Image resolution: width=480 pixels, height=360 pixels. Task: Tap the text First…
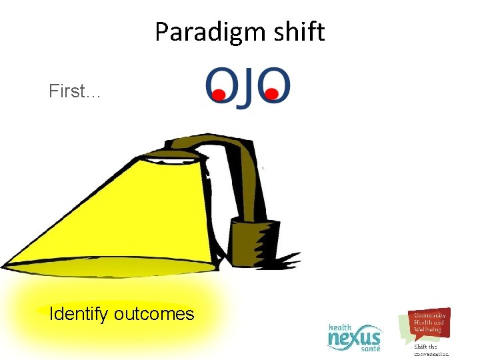click(75, 91)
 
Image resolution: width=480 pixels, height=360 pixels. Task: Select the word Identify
click(79, 313)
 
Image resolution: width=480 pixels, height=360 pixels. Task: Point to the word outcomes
click(154, 313)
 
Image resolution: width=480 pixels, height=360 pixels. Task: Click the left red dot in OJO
click(217, 96)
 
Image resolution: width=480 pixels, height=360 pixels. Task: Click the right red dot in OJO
click(271, 96)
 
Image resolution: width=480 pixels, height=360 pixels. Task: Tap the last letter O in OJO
click(274, 85)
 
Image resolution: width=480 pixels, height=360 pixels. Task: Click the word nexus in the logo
click(355, 339)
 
